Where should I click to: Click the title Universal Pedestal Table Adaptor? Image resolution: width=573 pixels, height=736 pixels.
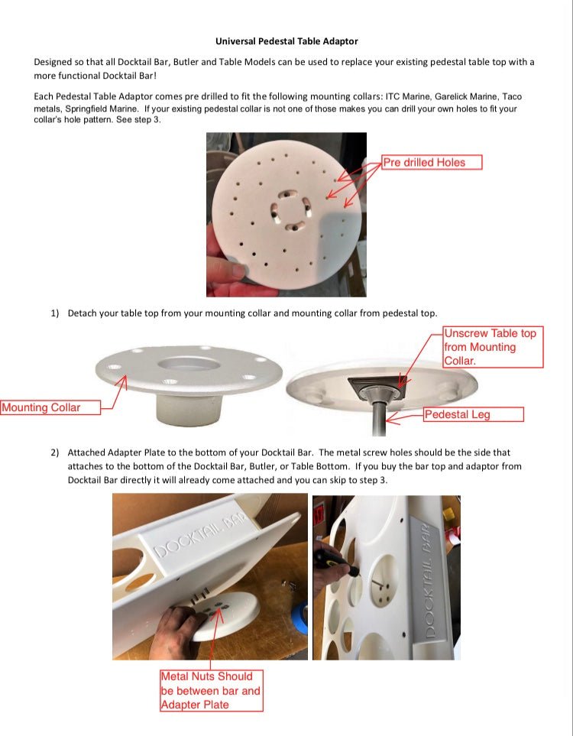(x=286, y=41)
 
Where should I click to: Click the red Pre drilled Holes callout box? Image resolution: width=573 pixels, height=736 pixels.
(x=432, y=162)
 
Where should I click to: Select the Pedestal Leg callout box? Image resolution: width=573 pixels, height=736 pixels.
(x=473, y=414)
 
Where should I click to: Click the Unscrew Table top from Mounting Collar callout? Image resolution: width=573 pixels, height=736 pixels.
(x=492, y=347)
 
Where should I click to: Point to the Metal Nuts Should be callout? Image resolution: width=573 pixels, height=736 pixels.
(x=211, y=690)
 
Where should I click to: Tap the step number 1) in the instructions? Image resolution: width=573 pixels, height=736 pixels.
(x=55, y=313)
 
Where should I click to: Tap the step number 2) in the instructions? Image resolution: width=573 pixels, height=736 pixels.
(x=55, y=452)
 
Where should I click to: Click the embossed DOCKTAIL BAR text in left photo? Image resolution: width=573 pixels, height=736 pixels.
(x=200, y=536)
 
